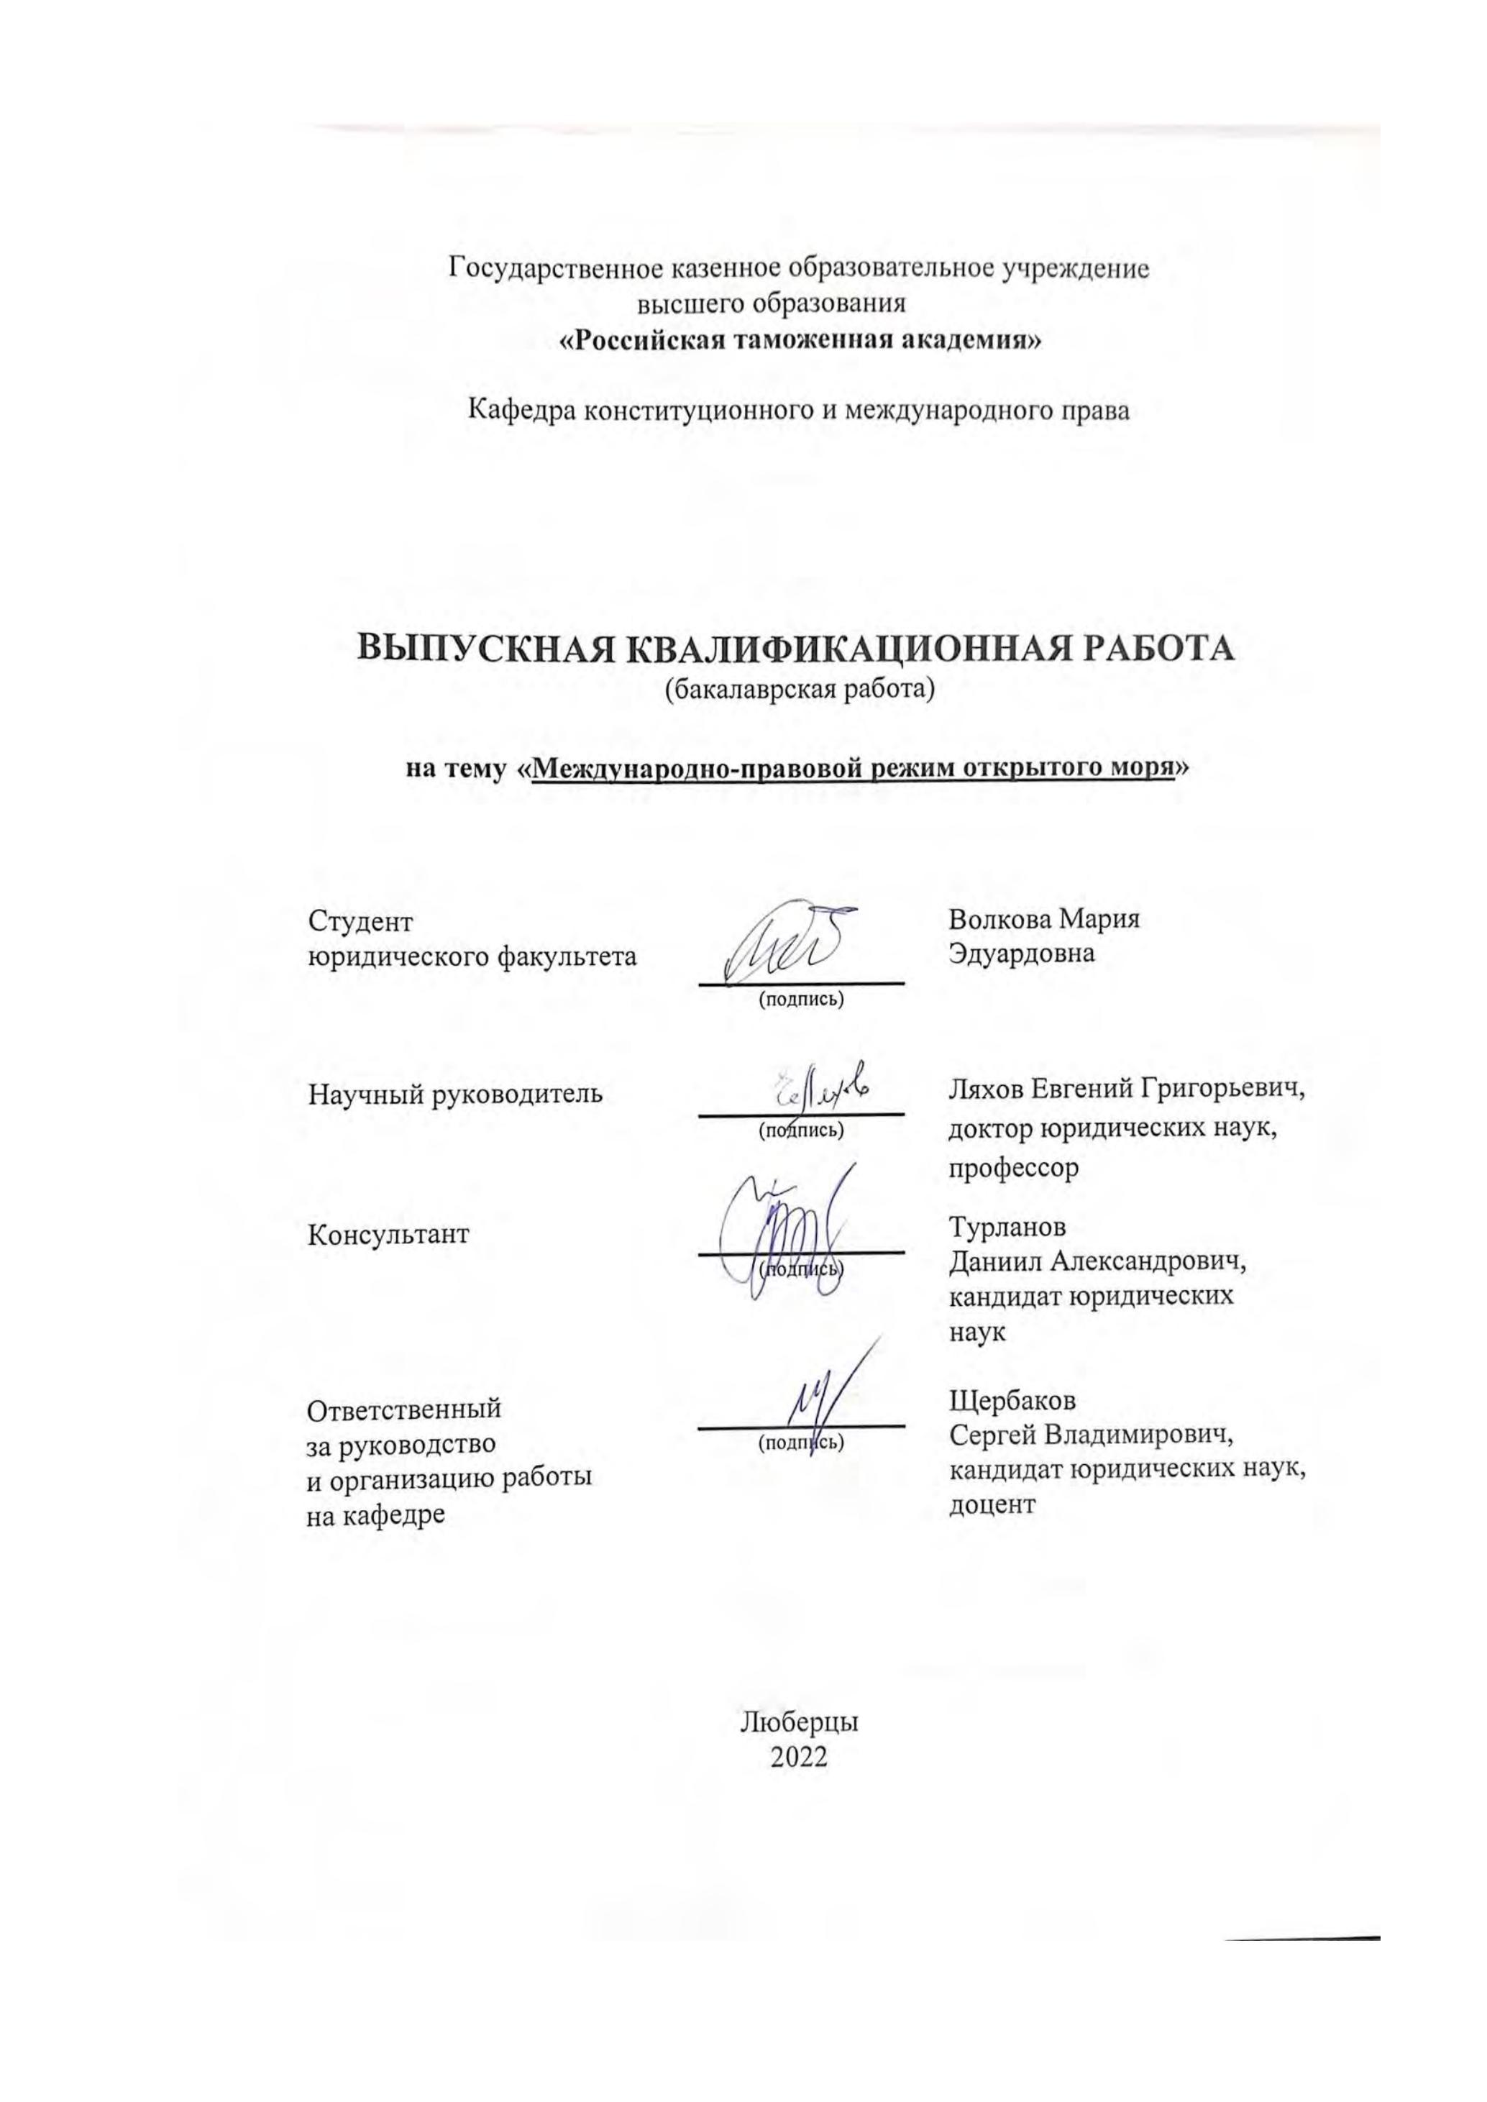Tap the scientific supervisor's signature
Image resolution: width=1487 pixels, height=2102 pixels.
coord(820,1089)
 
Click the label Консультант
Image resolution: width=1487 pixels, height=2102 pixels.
coord(389,1234)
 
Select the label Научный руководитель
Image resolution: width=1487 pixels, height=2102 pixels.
coord(455,1093)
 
